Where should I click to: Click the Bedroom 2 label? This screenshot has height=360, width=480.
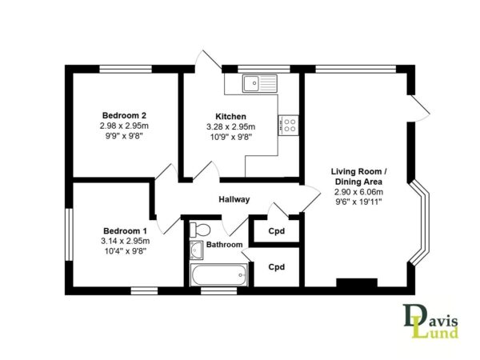[x=124, y=116]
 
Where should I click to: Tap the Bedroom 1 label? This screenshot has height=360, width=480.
[x=126, y=231]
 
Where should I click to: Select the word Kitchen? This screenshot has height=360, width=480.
[x=231, y=117]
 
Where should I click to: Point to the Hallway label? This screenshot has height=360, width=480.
[x=234, y=199]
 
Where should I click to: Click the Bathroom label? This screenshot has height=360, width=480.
[x=224, y=245]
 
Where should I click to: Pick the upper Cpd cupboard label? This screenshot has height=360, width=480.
[x=277, y=231]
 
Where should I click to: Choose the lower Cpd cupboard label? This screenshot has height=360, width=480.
[x=277, y=267]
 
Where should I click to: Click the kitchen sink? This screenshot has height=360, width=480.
[x=260, y=83]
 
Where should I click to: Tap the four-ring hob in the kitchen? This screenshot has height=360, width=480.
[x=288, y=126]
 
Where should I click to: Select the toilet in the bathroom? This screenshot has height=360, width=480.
[x=200, y=230]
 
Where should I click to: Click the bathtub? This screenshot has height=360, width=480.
[x=219, y=275]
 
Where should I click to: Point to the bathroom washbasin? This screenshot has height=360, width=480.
[x=196, y=250]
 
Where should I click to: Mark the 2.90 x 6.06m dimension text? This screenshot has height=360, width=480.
[x=358, y=192]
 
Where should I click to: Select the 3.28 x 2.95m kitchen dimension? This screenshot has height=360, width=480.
[x=231, y=126]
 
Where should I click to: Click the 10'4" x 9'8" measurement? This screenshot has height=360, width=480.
[x=126, y=251]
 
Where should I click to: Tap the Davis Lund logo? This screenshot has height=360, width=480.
[x=430, y=321]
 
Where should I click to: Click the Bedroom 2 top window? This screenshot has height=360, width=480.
[x=126, y=69]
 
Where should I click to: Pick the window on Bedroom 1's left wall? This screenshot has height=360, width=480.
[x=69, y=234]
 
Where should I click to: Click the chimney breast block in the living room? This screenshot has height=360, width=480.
[x=357, y=282]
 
